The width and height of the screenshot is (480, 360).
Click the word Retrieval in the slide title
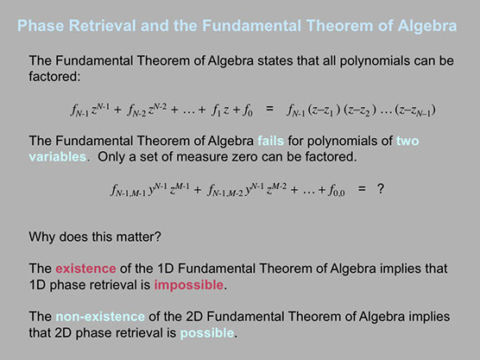(x=102, y=25)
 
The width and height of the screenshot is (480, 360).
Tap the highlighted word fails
(x=270, y=141)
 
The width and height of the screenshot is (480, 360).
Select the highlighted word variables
(x=58, y=157)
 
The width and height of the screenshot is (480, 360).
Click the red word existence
(x=85, y=268)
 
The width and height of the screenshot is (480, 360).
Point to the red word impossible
(x=189, y=285)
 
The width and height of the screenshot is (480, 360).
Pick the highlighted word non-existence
(x=100, y=317)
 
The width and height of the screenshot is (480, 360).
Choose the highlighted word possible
(x=207, y=333)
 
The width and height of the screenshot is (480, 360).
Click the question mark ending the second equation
(x=381, y=188)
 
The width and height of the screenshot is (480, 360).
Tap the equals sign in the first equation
(x=269, y=109)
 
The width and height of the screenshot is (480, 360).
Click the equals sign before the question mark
(x=362, y=188)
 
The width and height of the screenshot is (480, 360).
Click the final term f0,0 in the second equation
(x=337, y=191)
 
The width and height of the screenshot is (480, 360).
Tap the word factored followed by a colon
(x=54, y=77)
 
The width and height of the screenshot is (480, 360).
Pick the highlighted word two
(x=407, y=141)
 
